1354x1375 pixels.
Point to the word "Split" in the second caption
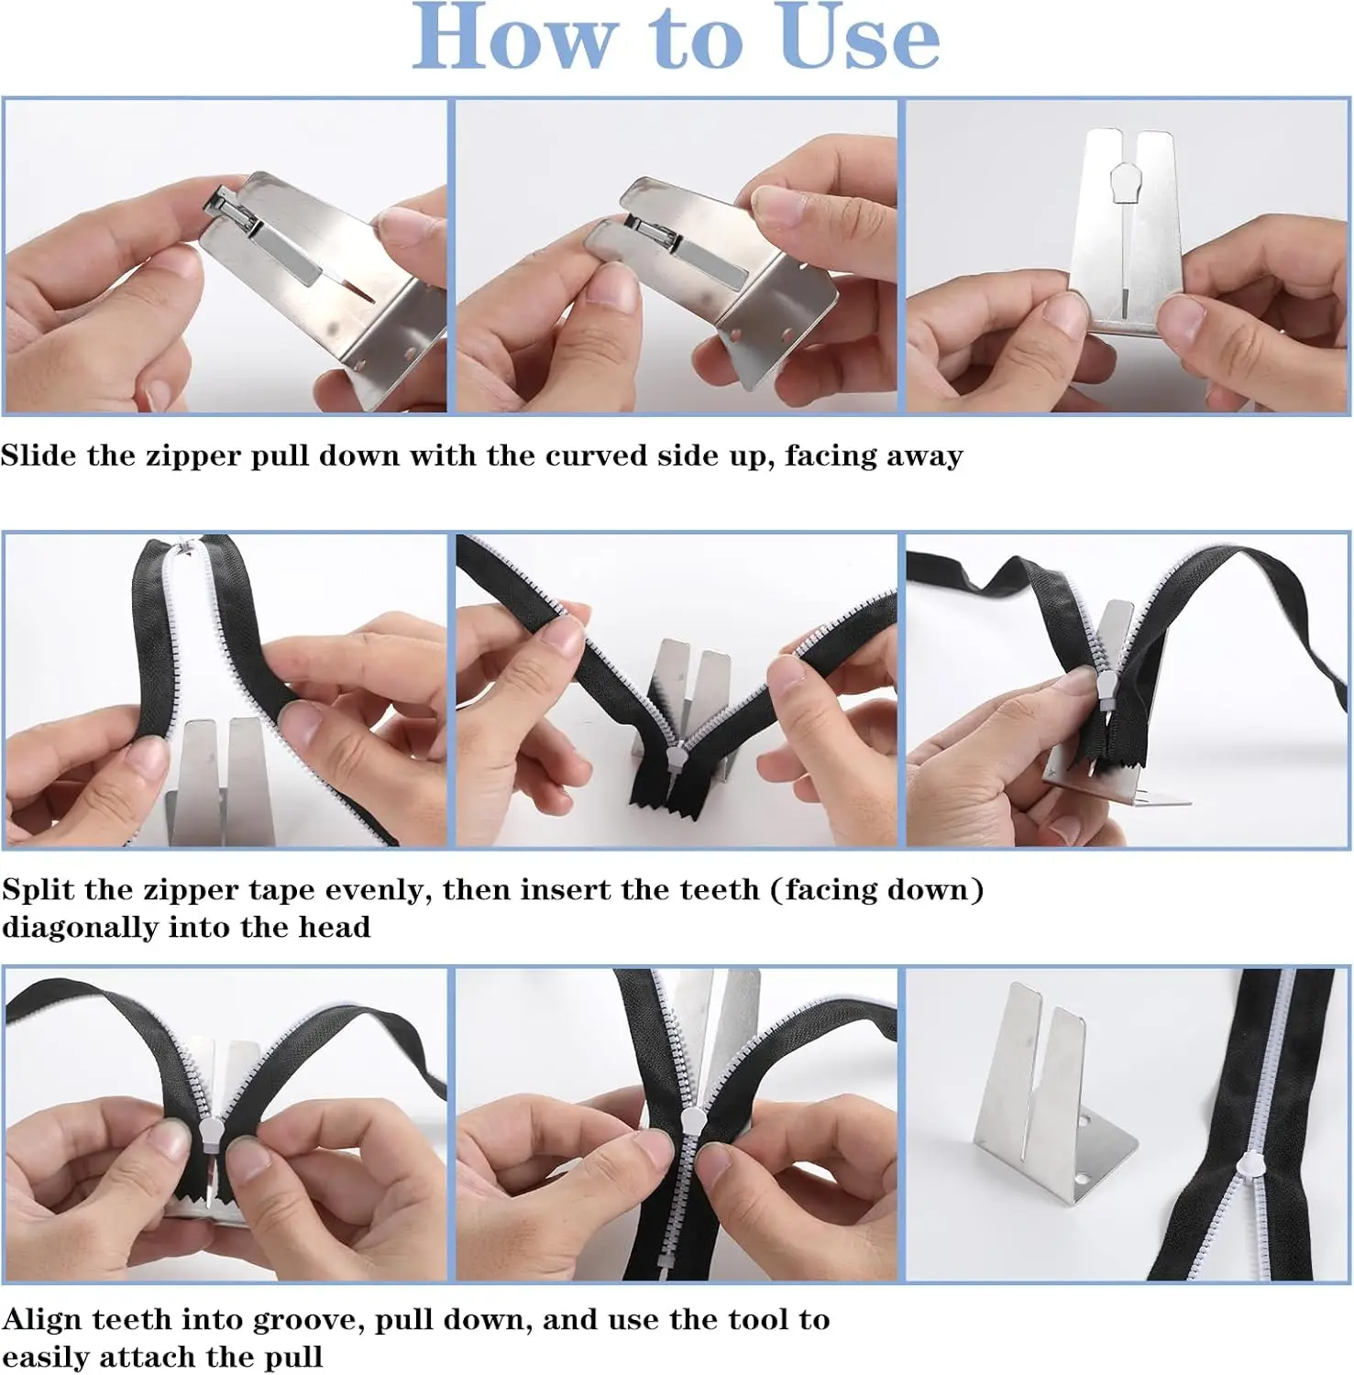pos(35,889)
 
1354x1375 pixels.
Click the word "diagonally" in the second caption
pos(81,928)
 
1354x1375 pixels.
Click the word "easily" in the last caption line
pos(52,1358)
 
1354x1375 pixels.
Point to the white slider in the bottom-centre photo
pos(692,1119)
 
